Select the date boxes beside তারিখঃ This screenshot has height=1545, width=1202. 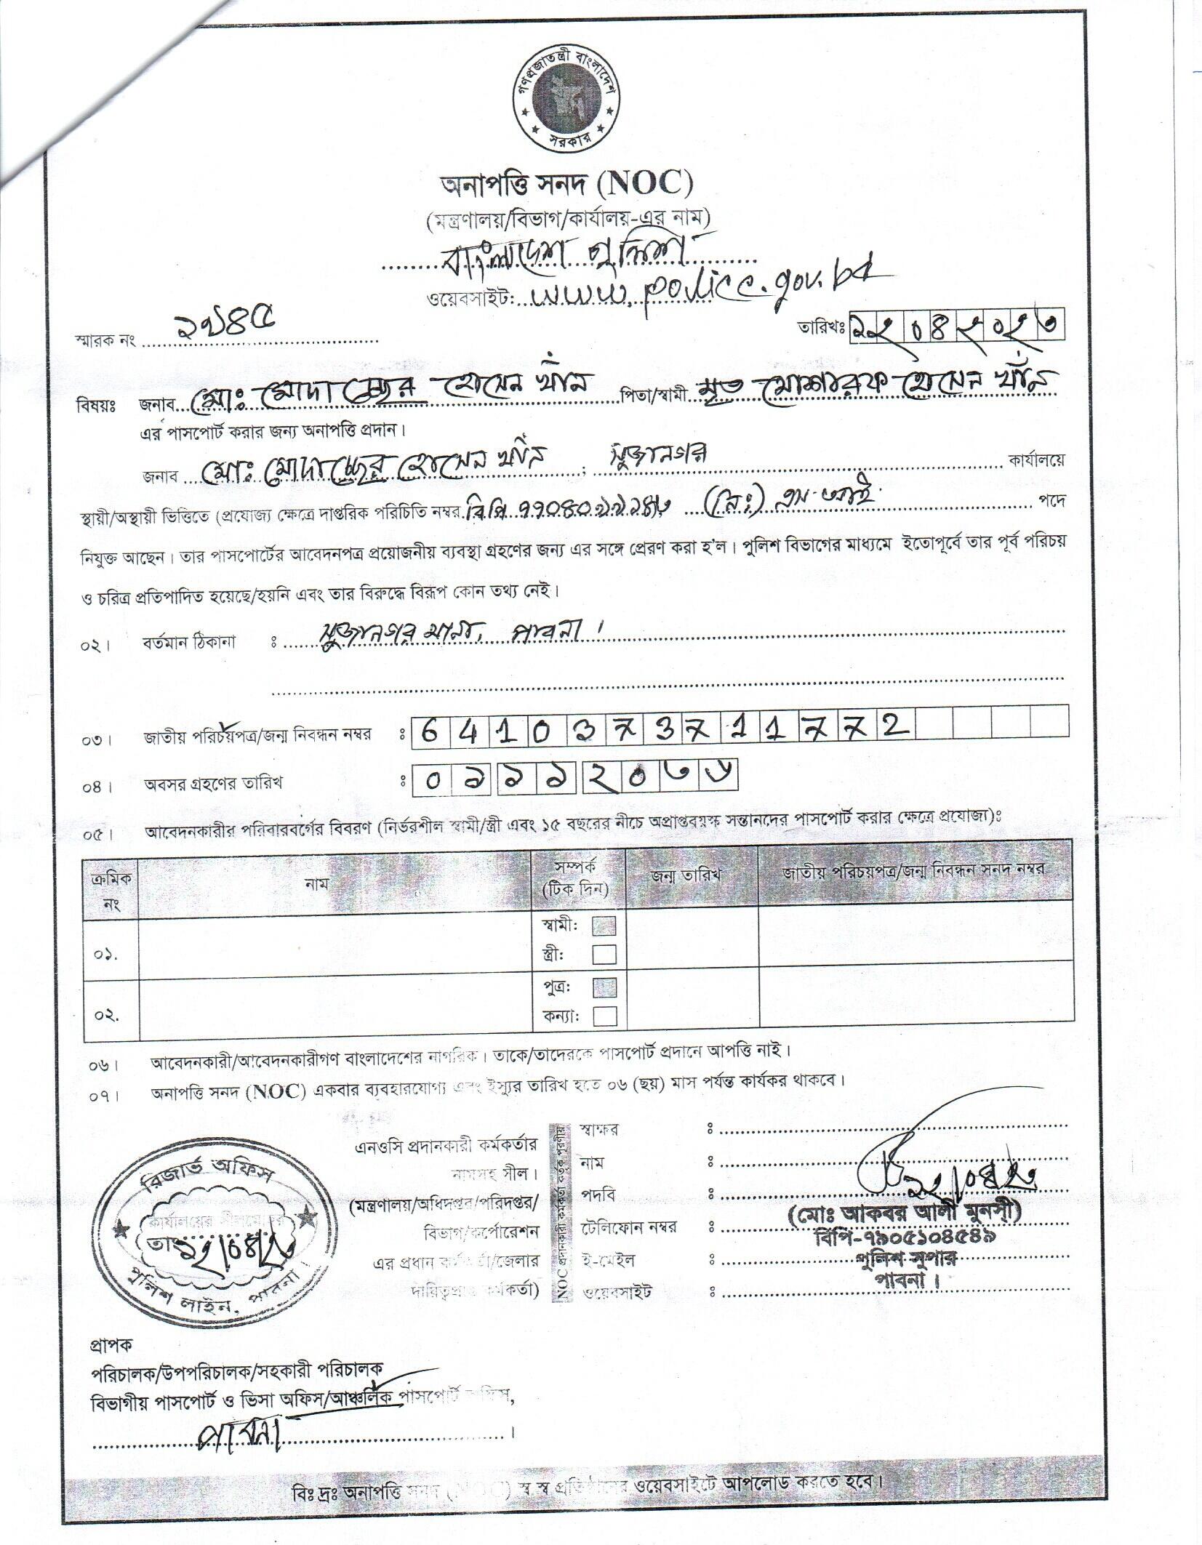point(957,326)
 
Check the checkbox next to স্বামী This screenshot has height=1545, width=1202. point(604,926)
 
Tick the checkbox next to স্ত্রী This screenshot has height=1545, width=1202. point(604,953)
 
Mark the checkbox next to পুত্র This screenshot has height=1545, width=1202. point(604,987)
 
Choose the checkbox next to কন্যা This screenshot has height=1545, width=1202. point(604,1016)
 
